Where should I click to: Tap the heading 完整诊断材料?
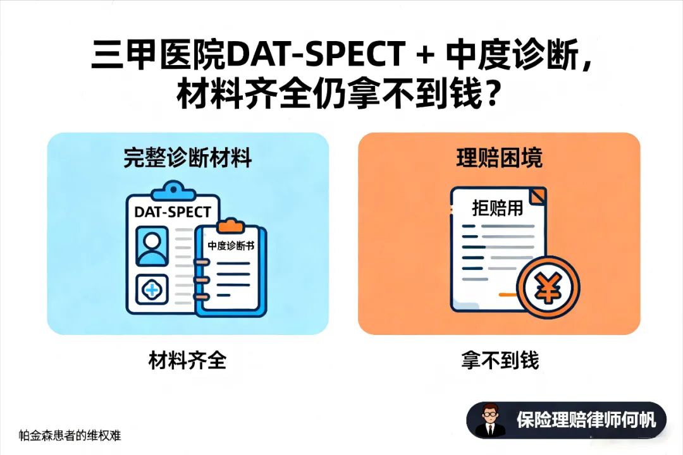point(188,157)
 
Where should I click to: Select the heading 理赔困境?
point(499,157)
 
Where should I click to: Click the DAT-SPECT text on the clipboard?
point(173,212)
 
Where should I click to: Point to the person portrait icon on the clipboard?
point(152,246)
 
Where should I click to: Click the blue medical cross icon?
point(152,289)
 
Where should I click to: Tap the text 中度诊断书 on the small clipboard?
point(231,246)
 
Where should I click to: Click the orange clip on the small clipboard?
point(231,226)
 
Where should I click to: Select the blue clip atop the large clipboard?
point(173,190)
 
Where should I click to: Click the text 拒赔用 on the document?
point(498,208)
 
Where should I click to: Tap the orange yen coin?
point(548,288)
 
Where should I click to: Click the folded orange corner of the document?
point(538,195)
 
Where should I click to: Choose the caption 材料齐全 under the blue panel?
point(188,360)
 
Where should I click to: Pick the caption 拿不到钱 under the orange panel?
point(500,360)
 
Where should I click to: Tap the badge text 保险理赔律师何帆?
point(586,420)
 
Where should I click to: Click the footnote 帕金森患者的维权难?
point(70,435)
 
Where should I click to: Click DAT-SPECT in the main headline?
point(316,55)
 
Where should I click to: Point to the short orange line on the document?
point(508,294)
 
